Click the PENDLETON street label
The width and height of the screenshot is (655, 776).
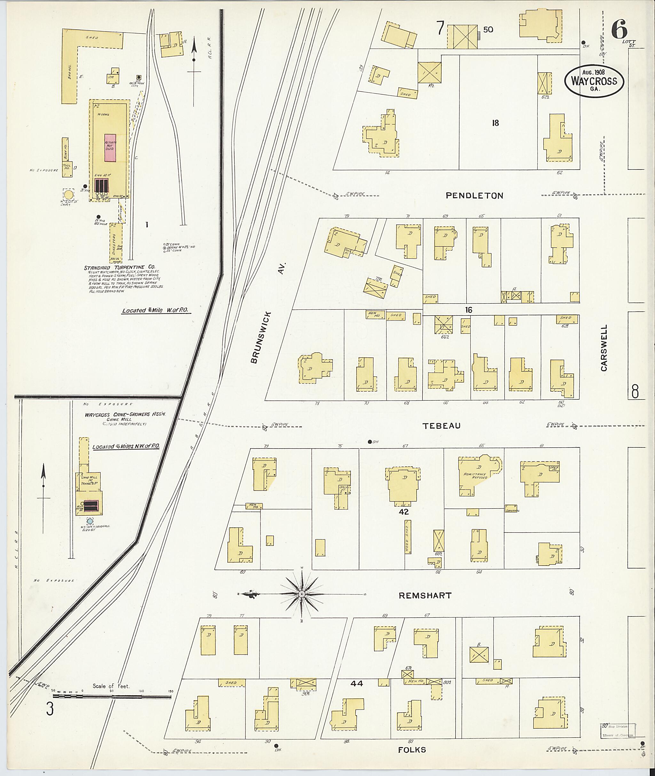pyautogui.click(x=475, y=196)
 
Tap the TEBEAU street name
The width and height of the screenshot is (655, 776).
pyautogui.click(x=441, y=426)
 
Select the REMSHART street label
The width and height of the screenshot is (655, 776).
pyautogui.click(x=425, y=595)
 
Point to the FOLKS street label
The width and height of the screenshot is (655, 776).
pyautogui.click(x=412, y=750)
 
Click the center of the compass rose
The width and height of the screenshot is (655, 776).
pyautogui.click(x=302, y=594)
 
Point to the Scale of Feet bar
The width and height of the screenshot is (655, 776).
pyautogui.click(x=111, y=697)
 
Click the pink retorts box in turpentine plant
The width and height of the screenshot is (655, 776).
pyautogui.click(x=110, y=148)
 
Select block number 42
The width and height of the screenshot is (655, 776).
pyautogui.click(x=404, y=511)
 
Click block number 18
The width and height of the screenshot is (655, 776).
pyautogui.click(x=495, y=123)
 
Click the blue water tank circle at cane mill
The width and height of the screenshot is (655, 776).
pyautogui.click(x=90, y=521)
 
